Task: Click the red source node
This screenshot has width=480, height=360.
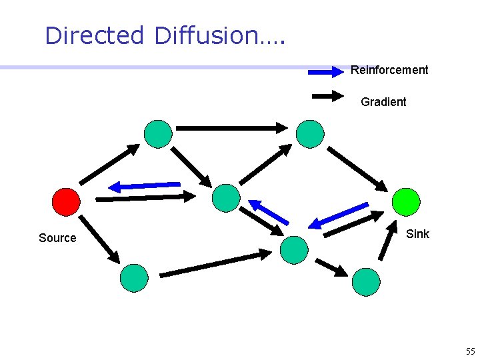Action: tap(66, 201)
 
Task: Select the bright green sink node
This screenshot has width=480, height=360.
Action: tap(406, 201)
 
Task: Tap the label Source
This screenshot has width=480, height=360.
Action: tap(57, 238)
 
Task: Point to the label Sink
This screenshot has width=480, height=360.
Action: tap(417, 234)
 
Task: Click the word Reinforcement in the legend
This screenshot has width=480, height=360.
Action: tap(389, 70)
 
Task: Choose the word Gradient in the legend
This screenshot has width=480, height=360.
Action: tap(383, 102)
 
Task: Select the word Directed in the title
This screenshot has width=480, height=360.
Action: tap(94, 35)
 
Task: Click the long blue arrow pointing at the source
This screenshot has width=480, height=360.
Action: tap(145, 185)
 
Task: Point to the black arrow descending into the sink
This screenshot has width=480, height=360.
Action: tap(357, 169)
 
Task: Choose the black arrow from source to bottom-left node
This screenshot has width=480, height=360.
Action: tap(99, 239)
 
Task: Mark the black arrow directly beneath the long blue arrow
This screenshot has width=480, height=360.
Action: tap(146, 197)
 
